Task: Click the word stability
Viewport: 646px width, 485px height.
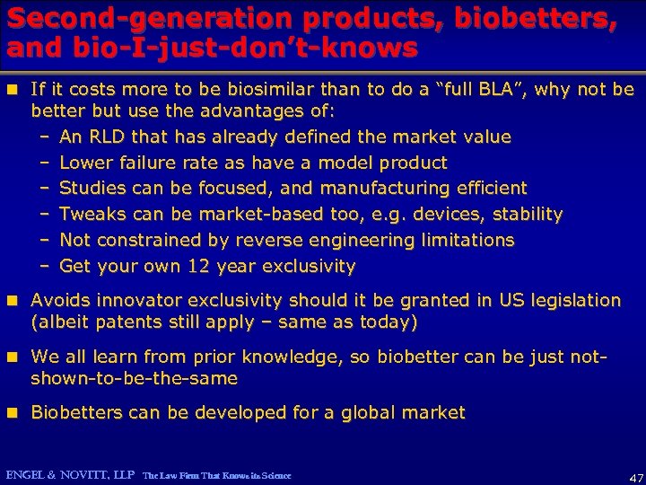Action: coord(525,215)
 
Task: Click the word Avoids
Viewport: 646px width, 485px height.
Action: coord(61,300)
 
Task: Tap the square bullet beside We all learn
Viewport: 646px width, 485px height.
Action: coord(13,357)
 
